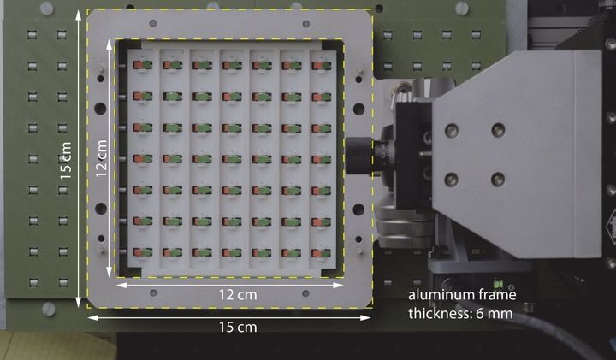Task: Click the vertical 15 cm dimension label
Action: coord(66,161)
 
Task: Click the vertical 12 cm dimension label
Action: coord(101,158)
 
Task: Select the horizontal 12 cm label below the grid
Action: coord(238,294)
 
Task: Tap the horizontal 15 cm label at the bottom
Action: coord(238,327)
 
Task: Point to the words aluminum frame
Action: coord(462,294)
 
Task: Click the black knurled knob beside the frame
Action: coord(359,156)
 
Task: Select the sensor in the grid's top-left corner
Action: coord(142,65)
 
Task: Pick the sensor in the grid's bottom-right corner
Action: coord(322,253)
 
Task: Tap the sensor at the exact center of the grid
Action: coord(232,159)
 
